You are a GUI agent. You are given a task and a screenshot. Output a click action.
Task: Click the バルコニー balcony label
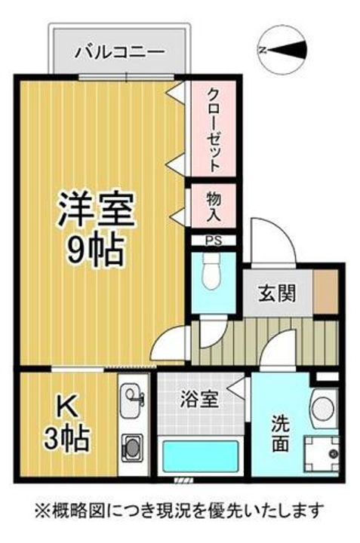(x=119, y=52)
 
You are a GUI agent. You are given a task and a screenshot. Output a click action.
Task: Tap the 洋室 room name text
(x=97, y=208)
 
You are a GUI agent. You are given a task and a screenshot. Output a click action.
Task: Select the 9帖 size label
(x=95, y=250)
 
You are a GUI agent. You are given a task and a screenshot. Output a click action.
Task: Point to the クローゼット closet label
(x=213, y=130)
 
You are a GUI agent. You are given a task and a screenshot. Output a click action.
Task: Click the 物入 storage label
(x=214, y=207)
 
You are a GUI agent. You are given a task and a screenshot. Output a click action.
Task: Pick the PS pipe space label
(x=214, y=241)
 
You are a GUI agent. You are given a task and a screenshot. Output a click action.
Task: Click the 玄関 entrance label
(x=277, y=293)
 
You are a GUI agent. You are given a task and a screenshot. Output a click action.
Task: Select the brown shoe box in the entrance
(x=326, y=292)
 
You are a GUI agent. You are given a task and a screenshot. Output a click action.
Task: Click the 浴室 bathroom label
(x=199, y=399)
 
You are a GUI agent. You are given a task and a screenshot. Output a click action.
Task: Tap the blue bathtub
(x=200, y=456)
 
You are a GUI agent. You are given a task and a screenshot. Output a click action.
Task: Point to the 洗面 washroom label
(x=280, y=433)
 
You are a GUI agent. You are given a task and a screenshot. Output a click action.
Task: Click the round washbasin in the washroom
(x=324, y=409)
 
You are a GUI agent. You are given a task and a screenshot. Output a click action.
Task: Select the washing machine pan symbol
(x=322, y=454)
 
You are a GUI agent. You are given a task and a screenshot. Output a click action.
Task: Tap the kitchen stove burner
(x=132, y=448)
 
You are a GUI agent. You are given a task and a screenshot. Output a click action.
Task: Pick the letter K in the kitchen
(x=67, y=407)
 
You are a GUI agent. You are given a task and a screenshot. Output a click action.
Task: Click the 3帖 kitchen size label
(x=67, y=440)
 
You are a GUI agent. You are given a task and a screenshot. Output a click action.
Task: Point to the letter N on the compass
(x=263, y=51)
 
